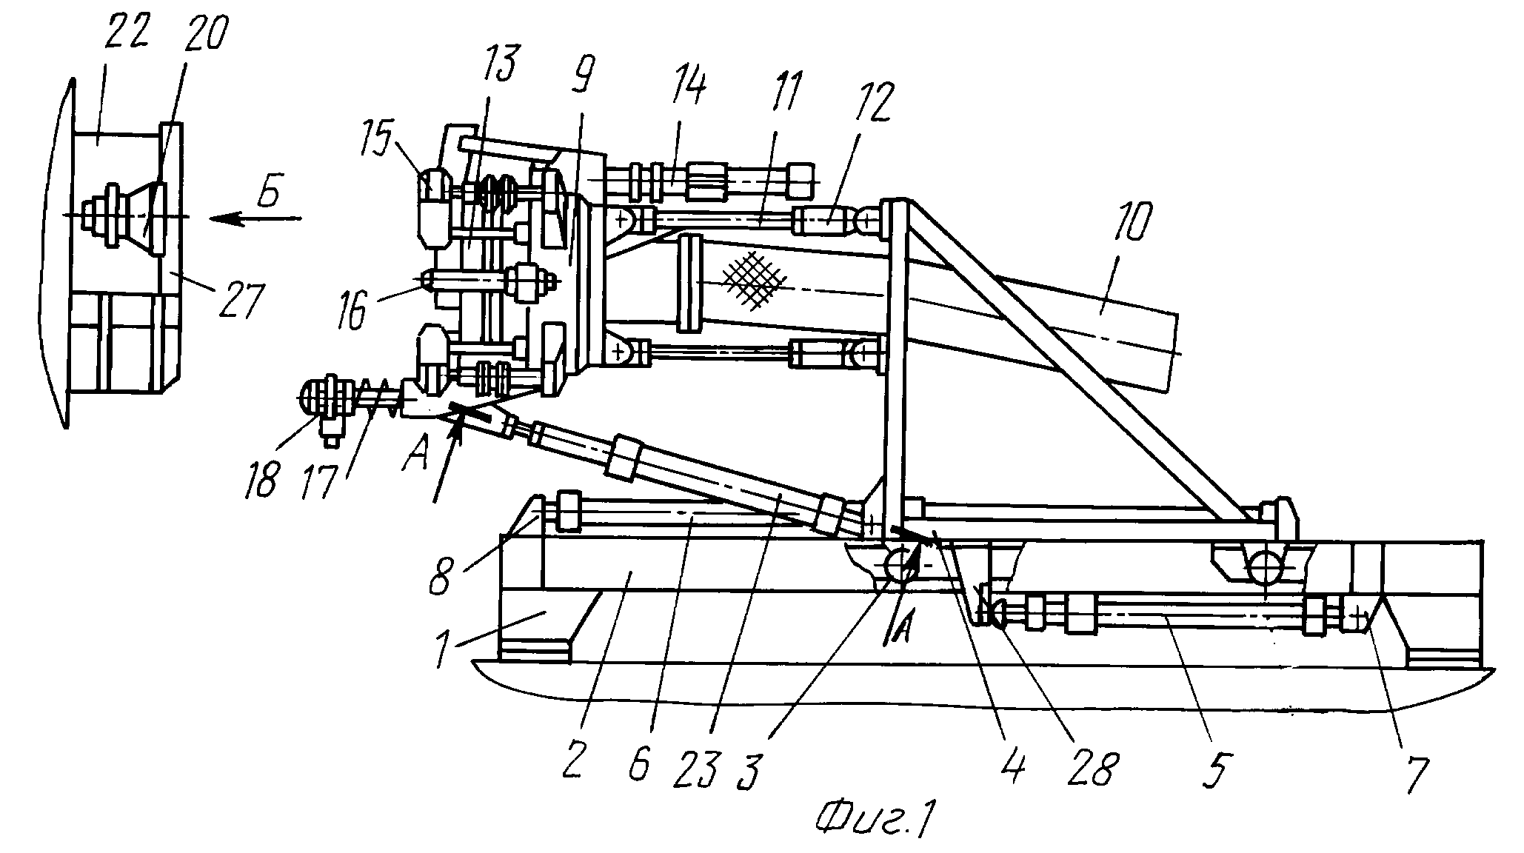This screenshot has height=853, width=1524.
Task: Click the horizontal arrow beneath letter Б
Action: click(255, 218)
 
